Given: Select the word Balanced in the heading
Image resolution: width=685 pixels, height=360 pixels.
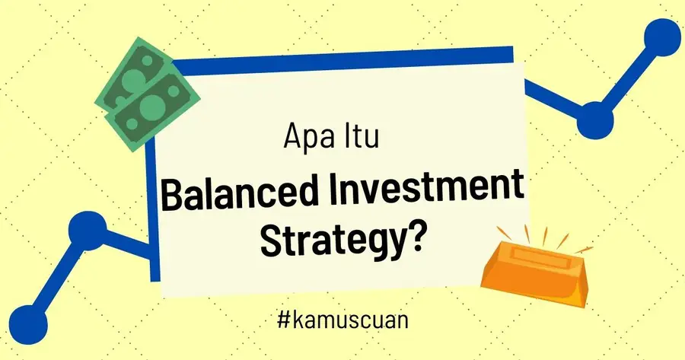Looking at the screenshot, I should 242,196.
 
